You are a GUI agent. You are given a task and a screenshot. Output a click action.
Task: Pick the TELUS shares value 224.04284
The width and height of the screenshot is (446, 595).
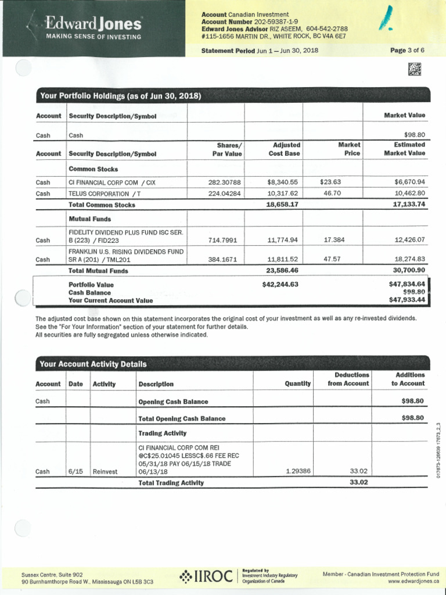[224, 193]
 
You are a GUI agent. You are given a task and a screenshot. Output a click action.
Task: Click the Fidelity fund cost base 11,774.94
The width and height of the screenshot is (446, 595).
[282, 240]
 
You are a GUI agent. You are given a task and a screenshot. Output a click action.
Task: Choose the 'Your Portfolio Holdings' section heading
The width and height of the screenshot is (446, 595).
[120, 96]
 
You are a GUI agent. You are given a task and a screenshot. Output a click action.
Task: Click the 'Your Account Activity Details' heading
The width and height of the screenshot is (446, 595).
[93, 364]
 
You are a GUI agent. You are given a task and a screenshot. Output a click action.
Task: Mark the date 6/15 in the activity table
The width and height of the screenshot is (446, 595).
[75, 471]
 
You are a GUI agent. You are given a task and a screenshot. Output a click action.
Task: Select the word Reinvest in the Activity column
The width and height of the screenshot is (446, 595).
[105, 471]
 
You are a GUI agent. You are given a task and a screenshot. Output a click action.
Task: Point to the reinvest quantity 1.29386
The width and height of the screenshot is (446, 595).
[298, 471]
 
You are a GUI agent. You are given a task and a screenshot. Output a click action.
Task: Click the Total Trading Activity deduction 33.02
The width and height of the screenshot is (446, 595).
[359, 482]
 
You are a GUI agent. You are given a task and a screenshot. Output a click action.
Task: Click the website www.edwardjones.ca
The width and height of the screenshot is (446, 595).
[413, 581]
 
